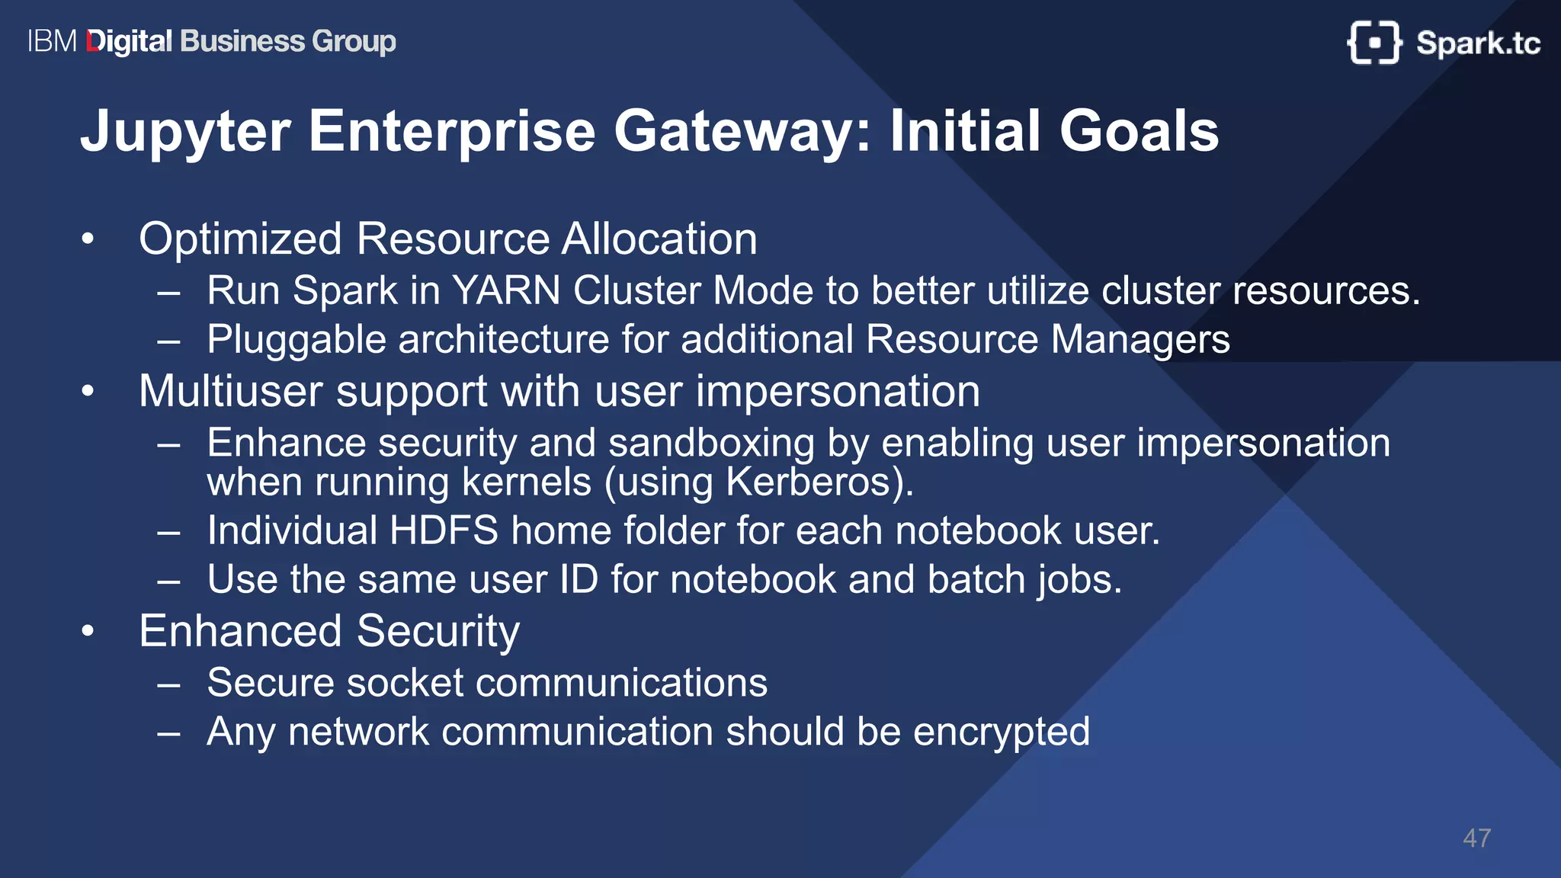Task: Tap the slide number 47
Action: [x=1476, y=838]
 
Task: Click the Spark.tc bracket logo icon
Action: [x=1373, y=43]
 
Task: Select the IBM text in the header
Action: [x=52, y=41]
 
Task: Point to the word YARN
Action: [x=505, y=291]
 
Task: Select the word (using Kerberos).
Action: [x=758, y=482]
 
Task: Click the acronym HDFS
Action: [x=444, y=530]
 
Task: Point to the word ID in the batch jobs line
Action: [x=579, y=579]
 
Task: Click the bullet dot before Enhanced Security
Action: [x=88, y=631]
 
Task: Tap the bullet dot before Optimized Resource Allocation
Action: [x=88, y=239]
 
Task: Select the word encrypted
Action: [x=1001, y=732]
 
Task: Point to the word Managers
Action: [x=1140, y=340]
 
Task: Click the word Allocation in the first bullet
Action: [x=659, y=239]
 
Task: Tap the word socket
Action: [x=405, y=683]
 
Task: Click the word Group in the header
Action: [x=354, y=41]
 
